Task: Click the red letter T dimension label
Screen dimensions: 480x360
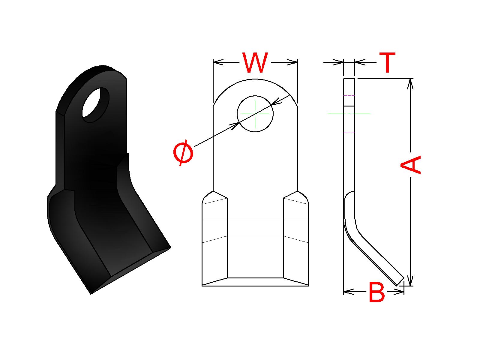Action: [387, 62]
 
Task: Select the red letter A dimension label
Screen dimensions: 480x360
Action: [410, 165]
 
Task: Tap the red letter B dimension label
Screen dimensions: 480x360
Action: [376, 292]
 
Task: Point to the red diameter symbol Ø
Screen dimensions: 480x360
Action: [183, 153]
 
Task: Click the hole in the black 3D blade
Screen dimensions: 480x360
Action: [96, 105]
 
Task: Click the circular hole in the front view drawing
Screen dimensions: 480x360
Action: [255, 114]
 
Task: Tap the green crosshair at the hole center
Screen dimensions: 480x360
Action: [255, 114]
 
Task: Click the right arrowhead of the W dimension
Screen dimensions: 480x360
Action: [292, 62]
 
